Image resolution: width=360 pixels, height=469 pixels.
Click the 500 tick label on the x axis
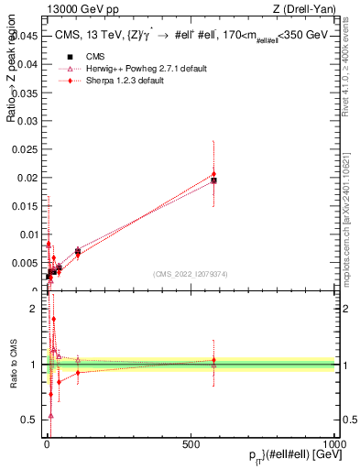point(191,442)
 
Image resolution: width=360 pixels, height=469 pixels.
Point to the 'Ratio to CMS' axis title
point(13,365)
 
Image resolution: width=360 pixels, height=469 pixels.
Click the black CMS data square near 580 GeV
point(213,180)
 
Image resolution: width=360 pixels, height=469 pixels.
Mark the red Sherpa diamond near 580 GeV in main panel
point(213,174)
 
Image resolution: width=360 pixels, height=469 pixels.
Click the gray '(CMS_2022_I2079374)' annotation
point(191,273)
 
